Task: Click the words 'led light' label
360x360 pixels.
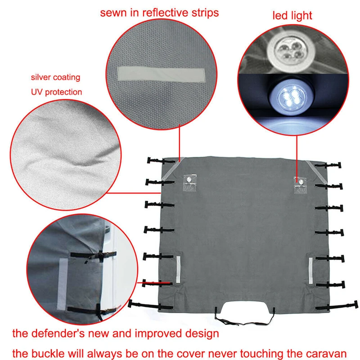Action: coord(292,16)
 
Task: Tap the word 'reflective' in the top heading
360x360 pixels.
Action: coord(166,13)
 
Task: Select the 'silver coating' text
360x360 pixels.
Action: coord(55,77)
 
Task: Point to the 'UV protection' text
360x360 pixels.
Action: coord(57,92)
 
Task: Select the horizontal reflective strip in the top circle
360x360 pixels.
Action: coord(162,74)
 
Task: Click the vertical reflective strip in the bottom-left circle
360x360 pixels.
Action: coord(62,284)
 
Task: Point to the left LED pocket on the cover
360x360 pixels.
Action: coord(189,183)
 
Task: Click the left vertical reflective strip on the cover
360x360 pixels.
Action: coord(178,270)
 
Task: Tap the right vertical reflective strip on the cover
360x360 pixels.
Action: coord(310,271)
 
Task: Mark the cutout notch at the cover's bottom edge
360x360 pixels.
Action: coord(245,308)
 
